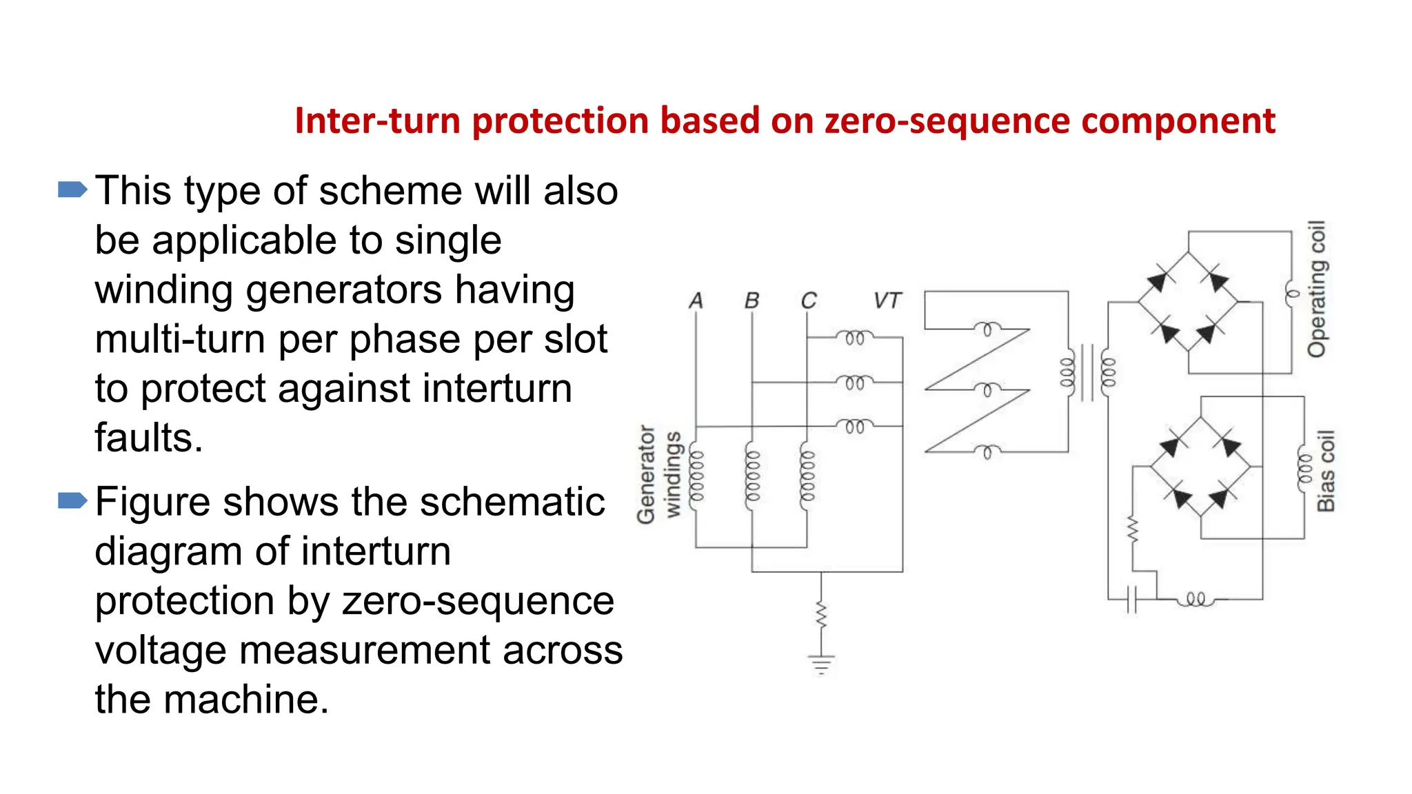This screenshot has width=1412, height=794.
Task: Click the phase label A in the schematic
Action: [696, 301]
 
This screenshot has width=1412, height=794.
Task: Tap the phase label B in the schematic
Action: [752, 301]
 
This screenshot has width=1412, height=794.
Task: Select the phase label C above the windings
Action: [808, 301]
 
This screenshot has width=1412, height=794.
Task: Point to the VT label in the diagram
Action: [887, 301]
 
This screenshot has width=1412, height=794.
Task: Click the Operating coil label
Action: [1317, 289]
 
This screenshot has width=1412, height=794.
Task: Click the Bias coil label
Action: [1326, 471]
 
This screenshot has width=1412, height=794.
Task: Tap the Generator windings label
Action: [658, 474]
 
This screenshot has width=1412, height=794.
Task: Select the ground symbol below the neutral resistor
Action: [820, 664]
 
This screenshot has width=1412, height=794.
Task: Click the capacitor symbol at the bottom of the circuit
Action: [1131, 599]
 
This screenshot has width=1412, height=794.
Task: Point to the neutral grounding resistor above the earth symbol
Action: [820, 615]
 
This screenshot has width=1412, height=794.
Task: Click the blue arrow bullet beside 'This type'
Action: [72, 190]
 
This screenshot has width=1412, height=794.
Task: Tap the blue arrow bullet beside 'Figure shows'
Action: [72, 500]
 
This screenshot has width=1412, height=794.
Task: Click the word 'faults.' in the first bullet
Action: [149, 438]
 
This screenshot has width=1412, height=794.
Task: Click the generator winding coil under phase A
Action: [697, 476]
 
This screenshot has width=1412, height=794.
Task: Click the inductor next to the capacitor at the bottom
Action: [1196, 599]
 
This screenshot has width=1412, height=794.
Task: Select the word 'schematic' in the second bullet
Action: [512, 502]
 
